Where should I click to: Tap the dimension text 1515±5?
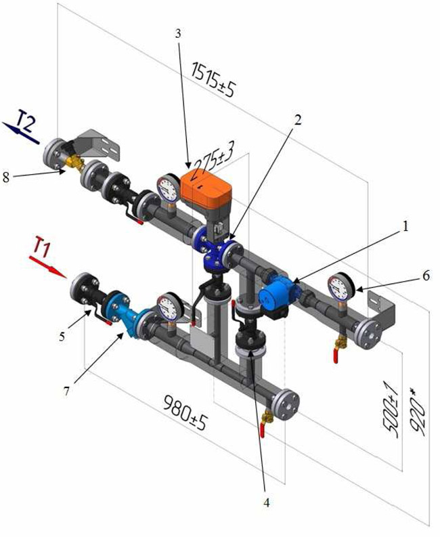(213, 80)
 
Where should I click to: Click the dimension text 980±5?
(185, 412)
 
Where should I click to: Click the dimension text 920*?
(418, 415)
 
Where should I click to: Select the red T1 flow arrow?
(47, 267)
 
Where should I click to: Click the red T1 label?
(43, 246)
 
